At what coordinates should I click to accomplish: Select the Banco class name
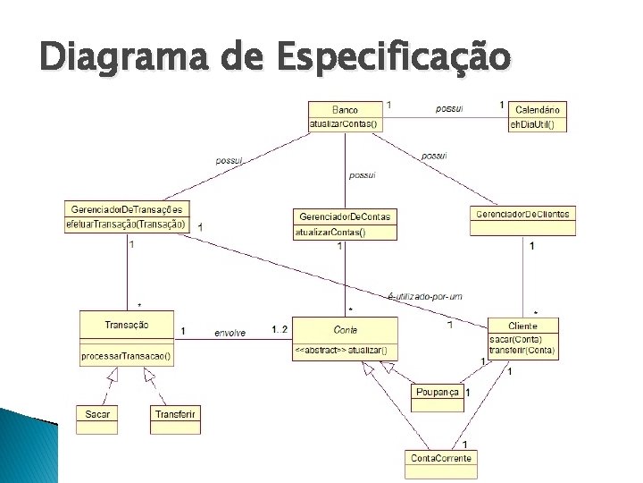pyautogui.click(x=344, y=110)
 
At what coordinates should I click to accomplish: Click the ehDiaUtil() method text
pyautogui.click(x=532, y=124)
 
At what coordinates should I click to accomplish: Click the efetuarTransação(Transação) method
pyautogui.click(x=126, y=224)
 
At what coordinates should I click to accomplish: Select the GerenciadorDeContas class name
pyautogui.click(x=345, y=217)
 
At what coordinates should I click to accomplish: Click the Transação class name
pyautogui.click(x=126, y=325)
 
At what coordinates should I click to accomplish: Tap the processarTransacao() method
pyautogui.click(x=126, y=355)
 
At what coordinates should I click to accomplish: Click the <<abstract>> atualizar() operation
pyautogui.click(x=340, y=350)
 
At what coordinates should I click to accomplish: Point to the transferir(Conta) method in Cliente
pyautogui.click(x=522, y=351)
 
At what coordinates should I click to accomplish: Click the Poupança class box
pyautogui.click(x=438, y=393)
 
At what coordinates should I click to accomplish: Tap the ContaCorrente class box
pyautogui.click(x=440, y=458)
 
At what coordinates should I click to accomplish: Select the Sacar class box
pyautogui.click(x=97, y=414)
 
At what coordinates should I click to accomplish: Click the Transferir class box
pyautogui.click(x=175, y=414)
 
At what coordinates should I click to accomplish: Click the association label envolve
pyautogui.click(x=230, y=333)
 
